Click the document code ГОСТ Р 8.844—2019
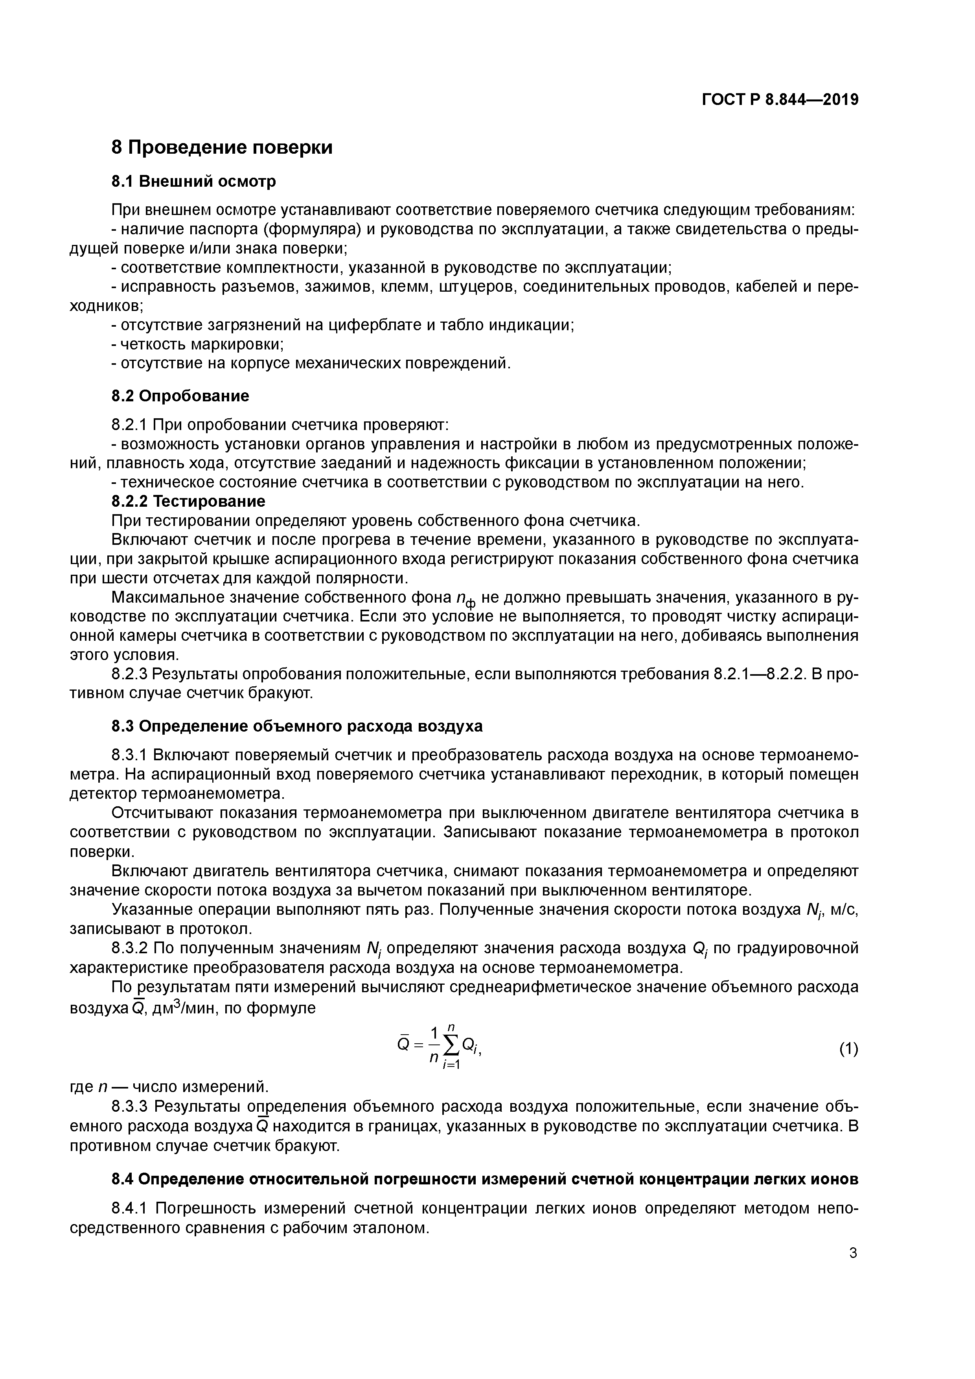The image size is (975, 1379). pos(780,100)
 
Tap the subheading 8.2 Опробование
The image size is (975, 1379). pos(180,396)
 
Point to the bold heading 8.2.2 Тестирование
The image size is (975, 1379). pos(188,501)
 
